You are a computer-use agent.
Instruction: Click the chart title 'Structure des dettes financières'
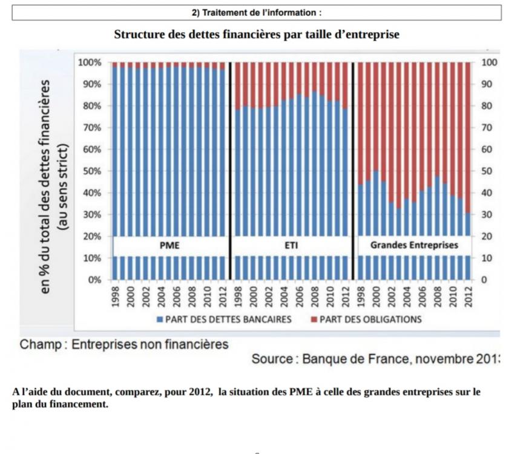[257, 35]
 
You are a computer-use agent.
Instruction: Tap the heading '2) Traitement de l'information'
[257, 12]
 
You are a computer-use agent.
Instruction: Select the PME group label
[169, 246]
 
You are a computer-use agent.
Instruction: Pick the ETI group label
[291, 246]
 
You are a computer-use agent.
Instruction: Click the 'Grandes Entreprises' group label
[414, 246]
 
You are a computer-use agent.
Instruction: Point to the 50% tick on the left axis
[90, 171]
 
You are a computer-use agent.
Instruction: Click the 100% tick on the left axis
[89, 62]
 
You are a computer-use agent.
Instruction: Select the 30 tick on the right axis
[488, 215]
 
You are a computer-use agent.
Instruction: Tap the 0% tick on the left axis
[93, 280]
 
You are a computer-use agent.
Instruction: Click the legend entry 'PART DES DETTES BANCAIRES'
[229, 319]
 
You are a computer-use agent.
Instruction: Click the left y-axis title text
[54, 188]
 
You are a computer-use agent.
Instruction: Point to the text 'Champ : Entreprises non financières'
[125, 345]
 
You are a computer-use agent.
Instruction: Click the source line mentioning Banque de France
[375, 359]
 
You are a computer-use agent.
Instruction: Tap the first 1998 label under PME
[114, 295]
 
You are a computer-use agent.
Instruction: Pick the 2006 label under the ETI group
[299, 295]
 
